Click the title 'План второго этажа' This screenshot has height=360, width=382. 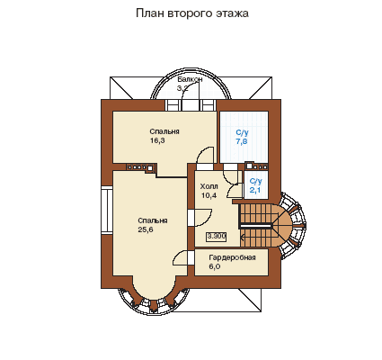[x=192, y=13]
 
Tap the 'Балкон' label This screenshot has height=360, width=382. [x=190, y=79]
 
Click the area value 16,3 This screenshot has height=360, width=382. [x=157, y=140]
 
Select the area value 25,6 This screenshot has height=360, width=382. [x=146, y=229]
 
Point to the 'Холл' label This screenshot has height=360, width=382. [x=209, y=186]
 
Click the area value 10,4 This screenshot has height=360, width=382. [x=209, y=195]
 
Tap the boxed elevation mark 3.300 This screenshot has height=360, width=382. [x=217, y=237]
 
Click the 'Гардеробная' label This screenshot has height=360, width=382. [x=232, y=257]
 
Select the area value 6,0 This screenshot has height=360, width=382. [x=215, y=266]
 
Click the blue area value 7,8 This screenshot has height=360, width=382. [x=242, y=141]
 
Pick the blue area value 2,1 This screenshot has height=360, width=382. [x=255, y=190]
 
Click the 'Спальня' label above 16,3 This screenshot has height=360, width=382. [x=164, y=131]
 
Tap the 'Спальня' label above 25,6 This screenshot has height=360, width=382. [x=153, y=220]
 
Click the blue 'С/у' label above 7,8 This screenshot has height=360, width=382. [x=242, y=132]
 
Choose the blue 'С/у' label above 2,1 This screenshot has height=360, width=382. [x=256, y=181]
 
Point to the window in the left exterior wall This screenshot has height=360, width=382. [x=107, y=210]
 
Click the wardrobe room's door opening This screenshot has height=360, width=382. [x=191, y=257]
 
